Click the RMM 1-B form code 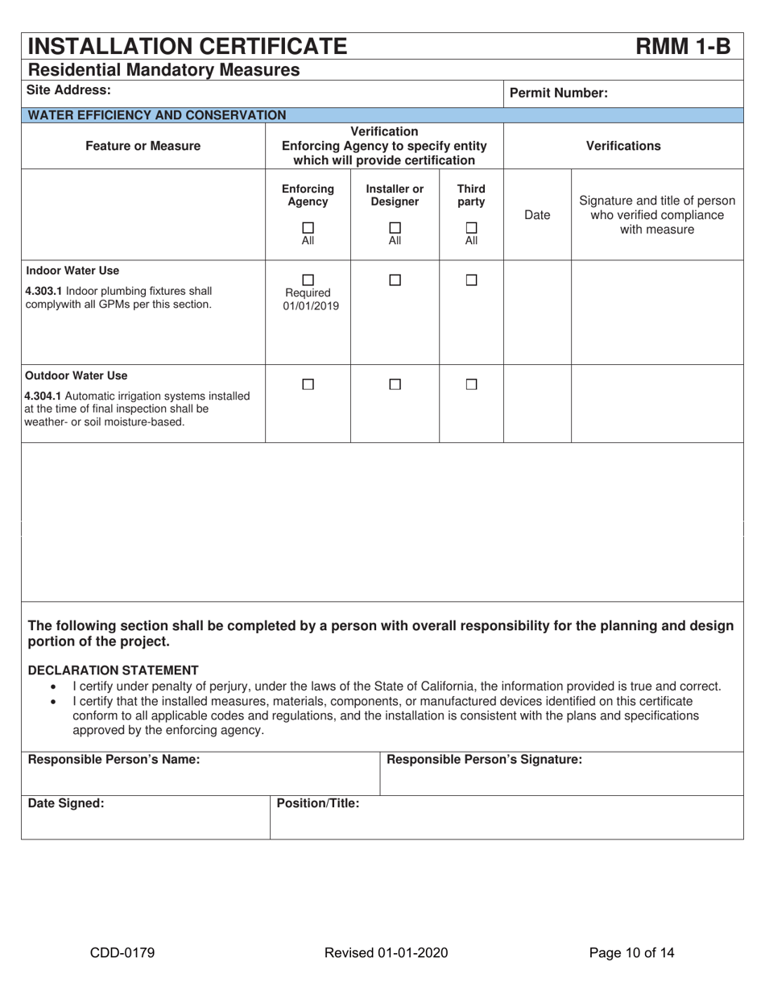[x=683, y=46]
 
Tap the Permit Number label [x=559, y=93]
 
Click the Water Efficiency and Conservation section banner [x=157, y=115]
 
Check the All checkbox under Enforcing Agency [x=308, y=227]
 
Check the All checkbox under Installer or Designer [x=395, y=227]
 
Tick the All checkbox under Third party [x=472, y=227]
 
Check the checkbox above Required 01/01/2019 [x=308, y=280]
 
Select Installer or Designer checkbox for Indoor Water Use [x=395, y=280]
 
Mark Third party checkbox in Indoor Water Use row [x=472, y=280]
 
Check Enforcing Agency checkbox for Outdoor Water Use [x=308, y=385]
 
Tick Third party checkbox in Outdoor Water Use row [x=472, y=385]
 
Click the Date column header [x=537, y=215]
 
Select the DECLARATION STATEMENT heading [x=113, y=670]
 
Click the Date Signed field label [x=66, y=803]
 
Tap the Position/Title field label [x=318, y=803]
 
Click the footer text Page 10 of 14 [x=631, y=953]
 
